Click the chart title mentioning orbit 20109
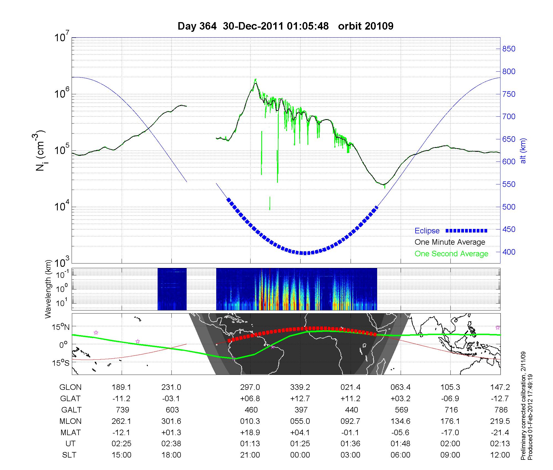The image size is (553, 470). [x=285, y=26]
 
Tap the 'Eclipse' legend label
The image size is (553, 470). [x=427, y=231]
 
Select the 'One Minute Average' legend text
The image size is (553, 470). [x=450, y=242]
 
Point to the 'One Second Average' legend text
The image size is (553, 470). [x=451, y=254]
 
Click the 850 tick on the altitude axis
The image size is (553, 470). [x=509, y=49]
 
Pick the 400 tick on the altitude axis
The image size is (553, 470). [x=509, y=252]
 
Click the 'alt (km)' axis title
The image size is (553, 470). [x=523, y=151]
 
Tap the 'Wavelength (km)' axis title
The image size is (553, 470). [x=49, y=289]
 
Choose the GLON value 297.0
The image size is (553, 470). [x=250, y=387]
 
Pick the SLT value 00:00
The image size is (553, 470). [x=300, y=455]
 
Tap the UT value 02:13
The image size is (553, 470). [x=500, y=443]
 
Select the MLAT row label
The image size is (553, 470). [x=71, y=432]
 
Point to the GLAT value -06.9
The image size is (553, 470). [x=450, y=399]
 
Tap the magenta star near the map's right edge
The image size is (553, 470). [x=498, y=328]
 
